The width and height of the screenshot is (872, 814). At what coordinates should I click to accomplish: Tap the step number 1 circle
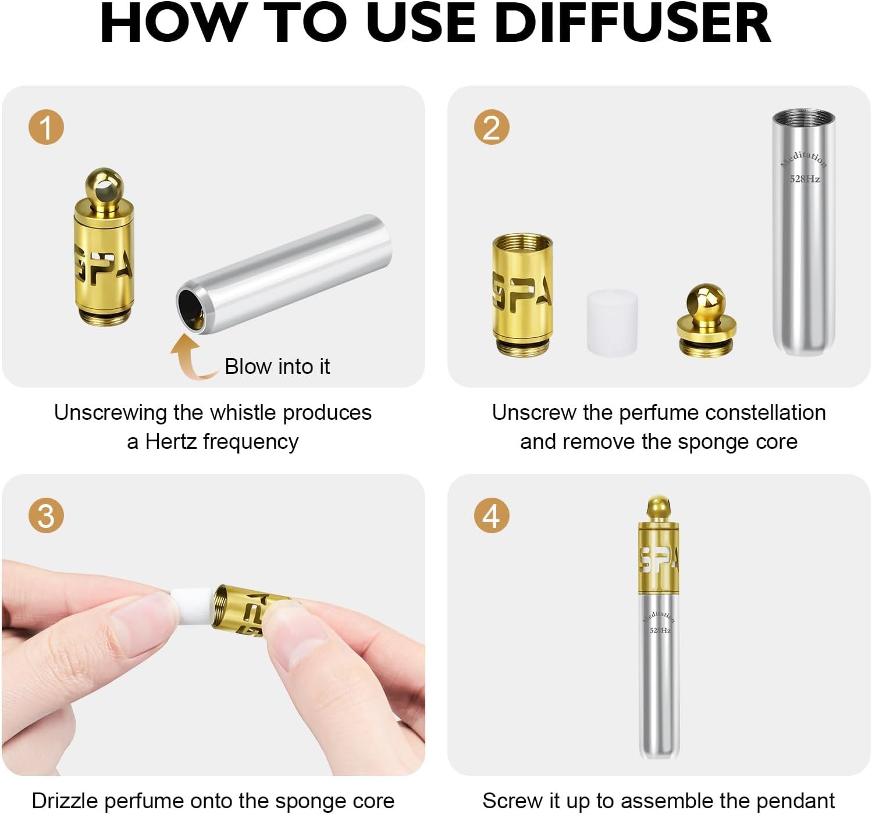(46, 127)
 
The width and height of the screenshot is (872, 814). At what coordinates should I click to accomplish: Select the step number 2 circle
(492, 127)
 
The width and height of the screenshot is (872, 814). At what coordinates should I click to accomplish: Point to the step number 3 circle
(46, 516)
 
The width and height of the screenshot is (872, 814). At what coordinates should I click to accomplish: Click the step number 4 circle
(492, 516)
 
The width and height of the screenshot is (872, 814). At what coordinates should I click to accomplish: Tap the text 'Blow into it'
(277, 366)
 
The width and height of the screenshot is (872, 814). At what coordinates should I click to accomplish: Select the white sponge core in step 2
(612, 322)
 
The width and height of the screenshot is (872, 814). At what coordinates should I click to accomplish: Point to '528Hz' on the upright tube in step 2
(805, 179)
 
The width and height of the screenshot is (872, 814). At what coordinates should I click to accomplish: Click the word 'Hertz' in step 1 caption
(171, 442)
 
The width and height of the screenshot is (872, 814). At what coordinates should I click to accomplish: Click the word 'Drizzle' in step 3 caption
(65, 801)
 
